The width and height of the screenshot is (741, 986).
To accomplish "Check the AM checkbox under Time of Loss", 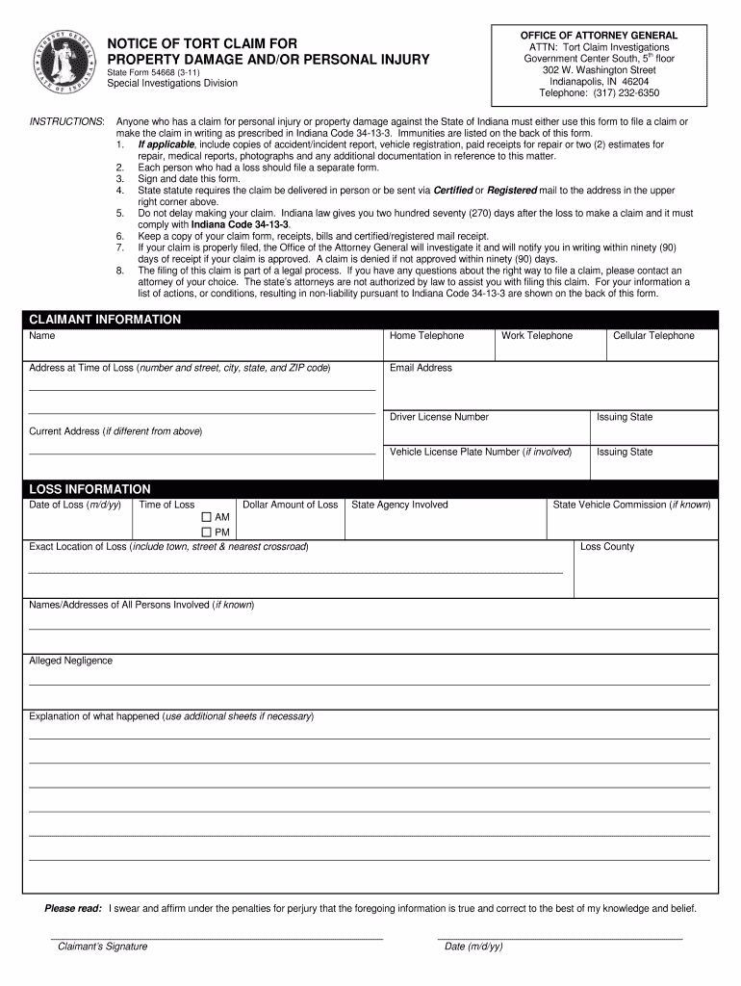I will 206,517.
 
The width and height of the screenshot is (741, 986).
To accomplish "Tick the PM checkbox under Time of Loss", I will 206,532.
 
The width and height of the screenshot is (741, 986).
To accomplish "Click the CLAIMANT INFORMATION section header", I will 105,320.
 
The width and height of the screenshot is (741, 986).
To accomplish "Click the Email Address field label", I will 421,368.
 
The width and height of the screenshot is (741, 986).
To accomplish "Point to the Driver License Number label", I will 439,417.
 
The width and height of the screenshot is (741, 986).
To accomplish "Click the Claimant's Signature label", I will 102,947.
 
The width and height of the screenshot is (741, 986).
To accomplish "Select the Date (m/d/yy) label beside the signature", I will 473,947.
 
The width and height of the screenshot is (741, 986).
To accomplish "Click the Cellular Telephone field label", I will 653,336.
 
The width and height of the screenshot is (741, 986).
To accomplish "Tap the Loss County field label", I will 607,547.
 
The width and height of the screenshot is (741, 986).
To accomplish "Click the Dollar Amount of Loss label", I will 290,505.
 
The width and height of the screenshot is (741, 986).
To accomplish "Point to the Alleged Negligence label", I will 70,661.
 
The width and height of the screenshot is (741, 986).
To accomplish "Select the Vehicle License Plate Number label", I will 480,452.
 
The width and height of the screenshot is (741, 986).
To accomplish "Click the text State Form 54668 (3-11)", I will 153,72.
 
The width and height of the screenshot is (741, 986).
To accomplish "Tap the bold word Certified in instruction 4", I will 453,191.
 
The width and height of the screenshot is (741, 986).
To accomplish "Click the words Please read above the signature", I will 73,908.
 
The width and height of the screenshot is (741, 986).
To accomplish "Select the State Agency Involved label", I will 399,505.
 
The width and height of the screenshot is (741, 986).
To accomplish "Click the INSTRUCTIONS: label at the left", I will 67,121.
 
